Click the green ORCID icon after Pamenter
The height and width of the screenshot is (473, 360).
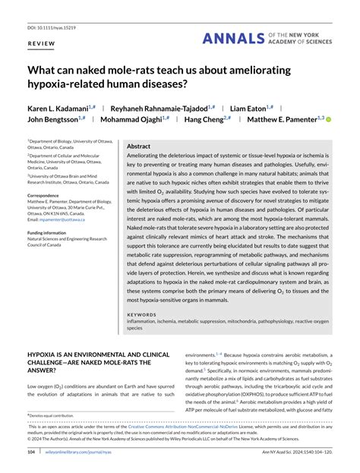[329, 119]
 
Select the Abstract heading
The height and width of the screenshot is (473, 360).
[139, 146]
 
